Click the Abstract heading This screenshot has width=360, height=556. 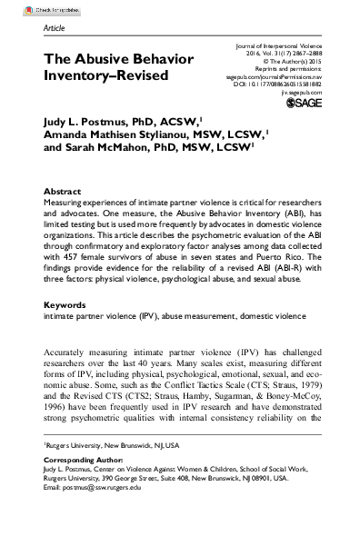click(63, 194)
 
